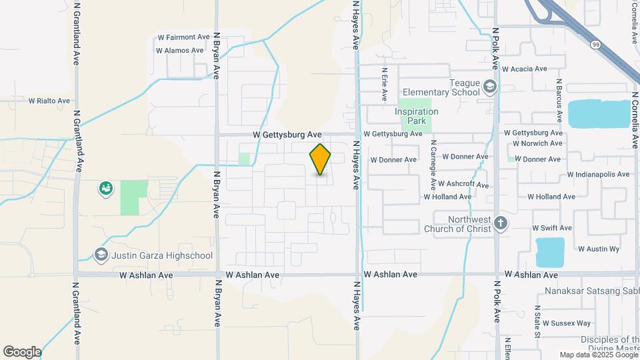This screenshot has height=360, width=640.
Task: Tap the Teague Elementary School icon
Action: pyautogui.click(x=490, y=87)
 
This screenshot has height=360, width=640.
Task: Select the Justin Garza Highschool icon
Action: pyautogui.click(x=101, y=255)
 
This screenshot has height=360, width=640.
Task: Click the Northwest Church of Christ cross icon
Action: pyautogui.click(x=501, y=223)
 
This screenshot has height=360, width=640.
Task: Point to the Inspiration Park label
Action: pyautogui.click(x=417, y=116)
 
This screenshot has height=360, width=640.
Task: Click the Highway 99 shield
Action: pyautogui.click(x=595, y=45)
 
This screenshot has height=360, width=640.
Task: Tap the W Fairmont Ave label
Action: pyautogui.click(x=184, y=37)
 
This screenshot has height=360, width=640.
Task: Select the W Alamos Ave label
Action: pyautogui.click(x=179, y=50)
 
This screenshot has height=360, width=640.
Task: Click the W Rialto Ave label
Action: pyautogui.click(x=49, y=101)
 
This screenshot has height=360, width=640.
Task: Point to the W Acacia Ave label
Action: pyautogui.click(x=524, y=69)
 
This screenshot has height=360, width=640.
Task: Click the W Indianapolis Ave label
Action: pyautogui.click(x=598, y=175)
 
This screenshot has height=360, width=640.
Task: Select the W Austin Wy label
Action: pyautogui.click(x=599, y=249)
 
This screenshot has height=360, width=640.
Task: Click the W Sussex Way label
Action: pyautogui.click(x=567, y=323)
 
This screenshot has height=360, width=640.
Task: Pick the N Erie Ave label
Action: pyautogui.click(x=385, y=84)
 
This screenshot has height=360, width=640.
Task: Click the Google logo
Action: pyautogui.click(x=22, y=352)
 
